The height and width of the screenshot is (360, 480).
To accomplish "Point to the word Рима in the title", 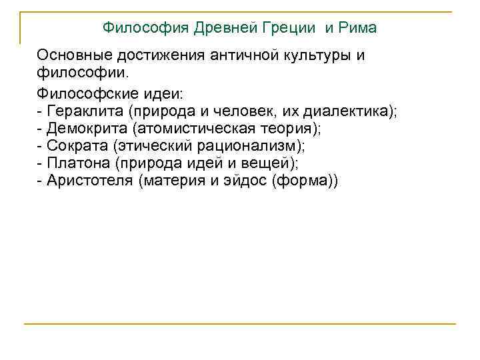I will pos(358,28).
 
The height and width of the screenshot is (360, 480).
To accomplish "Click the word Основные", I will pos(69,55).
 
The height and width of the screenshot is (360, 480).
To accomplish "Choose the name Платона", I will pos(76,163).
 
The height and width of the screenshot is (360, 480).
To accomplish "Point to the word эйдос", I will pos(241,181).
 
